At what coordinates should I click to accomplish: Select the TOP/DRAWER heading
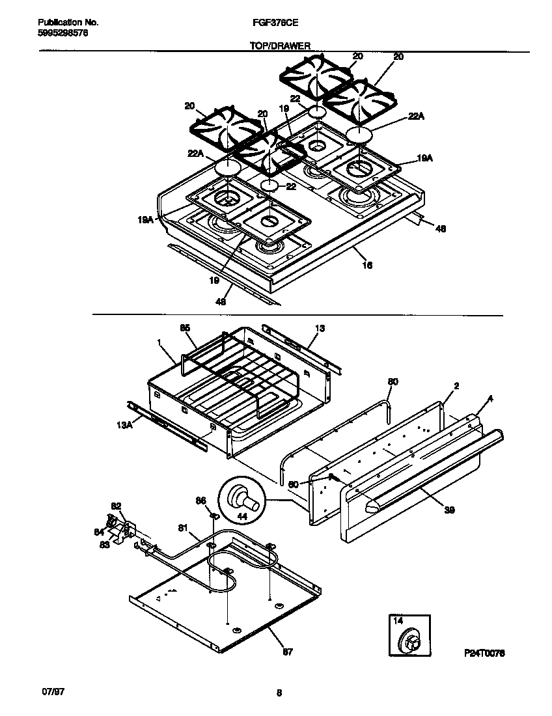tap(280, 46)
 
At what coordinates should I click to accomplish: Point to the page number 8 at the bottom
tap(279, 693)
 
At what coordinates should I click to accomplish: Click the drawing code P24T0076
tap(484, 652)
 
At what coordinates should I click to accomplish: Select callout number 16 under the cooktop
tap(367, 266)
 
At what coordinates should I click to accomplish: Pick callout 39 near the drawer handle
tap(448, 510)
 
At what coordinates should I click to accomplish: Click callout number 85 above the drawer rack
tap(186, 329)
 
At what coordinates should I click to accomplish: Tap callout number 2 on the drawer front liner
tap(456, 386)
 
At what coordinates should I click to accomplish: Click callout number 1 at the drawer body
tap(159, 341)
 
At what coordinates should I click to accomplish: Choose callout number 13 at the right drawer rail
tap(320, 329)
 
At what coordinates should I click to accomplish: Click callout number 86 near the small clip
tap(200, 500)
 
